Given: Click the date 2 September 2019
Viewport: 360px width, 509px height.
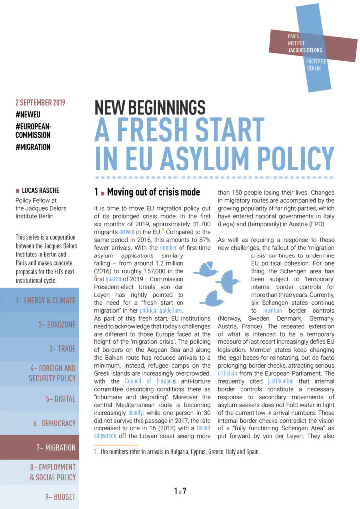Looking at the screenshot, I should (40, 103).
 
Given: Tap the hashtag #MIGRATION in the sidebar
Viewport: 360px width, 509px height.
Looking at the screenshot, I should (33, 147).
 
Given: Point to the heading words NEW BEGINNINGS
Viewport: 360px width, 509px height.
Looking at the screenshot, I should (150, 108).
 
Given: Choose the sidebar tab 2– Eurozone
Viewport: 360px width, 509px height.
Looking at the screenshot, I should (57, 325).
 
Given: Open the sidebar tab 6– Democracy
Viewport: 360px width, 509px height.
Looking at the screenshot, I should (55, 423).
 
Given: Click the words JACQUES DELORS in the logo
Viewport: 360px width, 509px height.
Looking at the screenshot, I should (305, 50).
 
